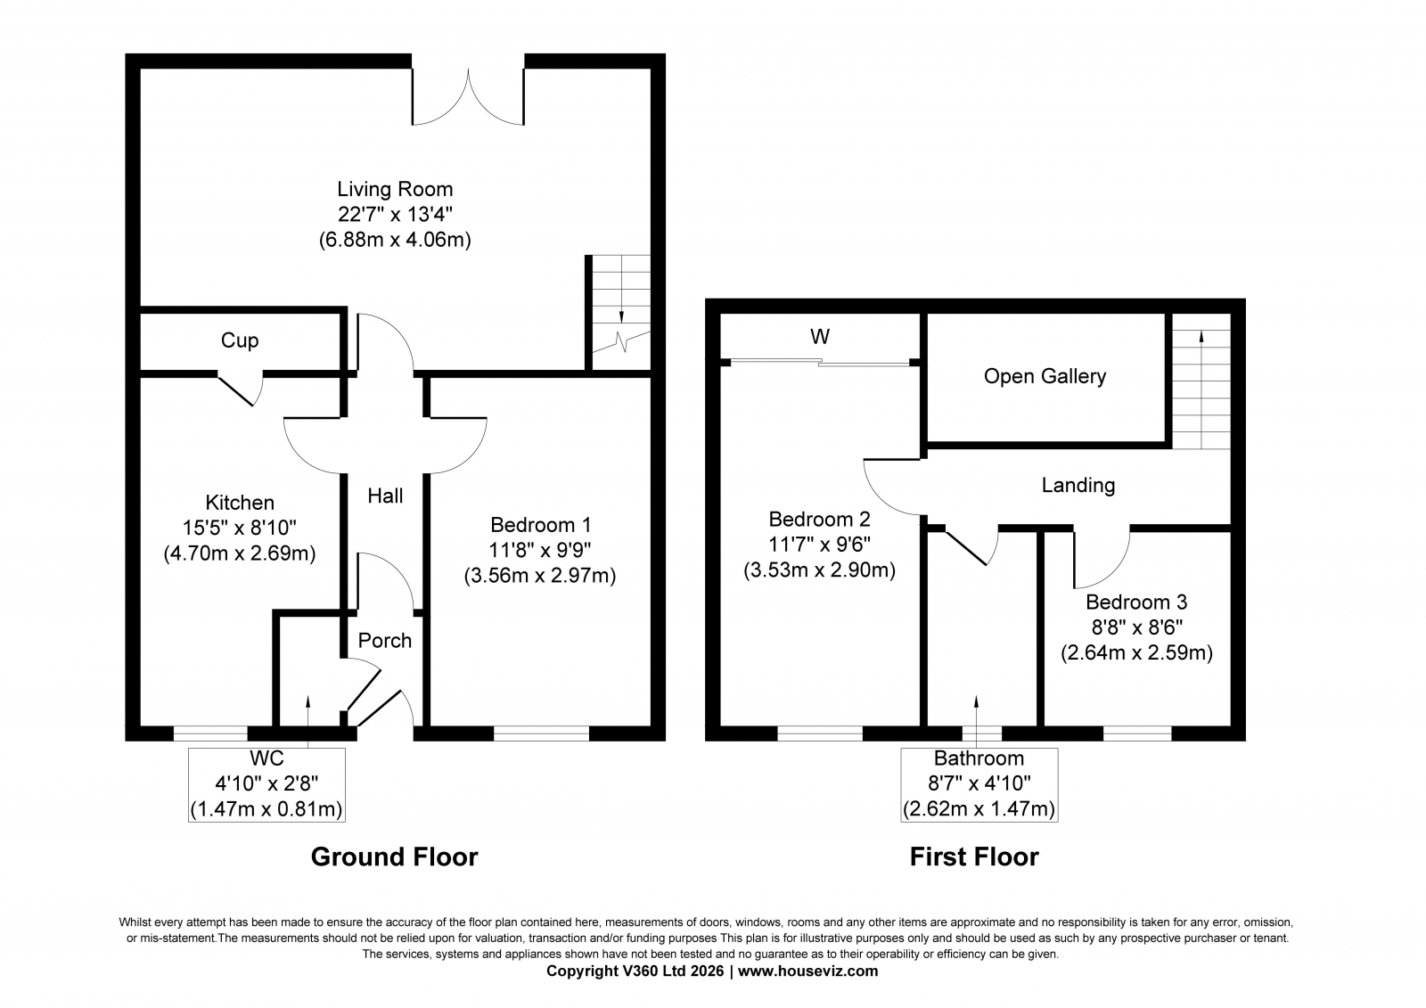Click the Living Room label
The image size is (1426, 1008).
point(395,189)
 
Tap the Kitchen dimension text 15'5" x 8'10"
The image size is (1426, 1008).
point(240,528)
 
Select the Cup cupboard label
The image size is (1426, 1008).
point(240,340)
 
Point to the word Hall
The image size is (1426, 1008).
point(385,496)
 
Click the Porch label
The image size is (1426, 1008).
point(384,640)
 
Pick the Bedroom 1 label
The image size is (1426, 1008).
point(540,525)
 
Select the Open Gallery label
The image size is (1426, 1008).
point(1045,376)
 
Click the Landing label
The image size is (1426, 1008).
point(1078,486)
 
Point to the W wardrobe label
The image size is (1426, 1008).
point(820,336)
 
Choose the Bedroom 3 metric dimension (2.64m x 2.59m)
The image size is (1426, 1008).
point(1136,652)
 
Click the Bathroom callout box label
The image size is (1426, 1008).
point(979,758)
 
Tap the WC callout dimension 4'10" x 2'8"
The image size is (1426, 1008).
point(266,783)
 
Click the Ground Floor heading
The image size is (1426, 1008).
point(394,857)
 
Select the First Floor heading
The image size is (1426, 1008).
point(974,857)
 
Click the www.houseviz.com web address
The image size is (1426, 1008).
point(807,971)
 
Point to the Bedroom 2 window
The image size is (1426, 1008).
point(820,733)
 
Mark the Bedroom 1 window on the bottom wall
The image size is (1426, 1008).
point(541,733)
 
